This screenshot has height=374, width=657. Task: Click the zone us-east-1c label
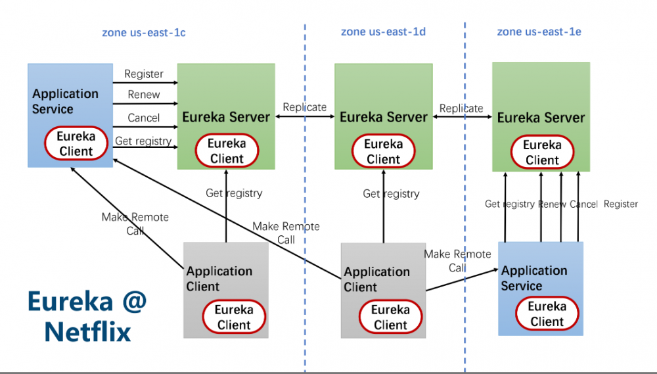(x=143, y=33)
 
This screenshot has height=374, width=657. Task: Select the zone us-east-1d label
(x=382, y=32)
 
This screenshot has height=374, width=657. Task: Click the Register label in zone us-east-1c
(x=144, y=74)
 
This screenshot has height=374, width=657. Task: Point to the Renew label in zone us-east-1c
(x=144, y=95)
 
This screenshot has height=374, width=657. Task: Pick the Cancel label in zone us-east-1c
(x=144, y=118)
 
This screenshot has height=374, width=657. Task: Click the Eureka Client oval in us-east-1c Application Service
(x=76, y=144)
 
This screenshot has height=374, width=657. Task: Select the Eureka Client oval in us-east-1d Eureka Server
(x=383, y=151)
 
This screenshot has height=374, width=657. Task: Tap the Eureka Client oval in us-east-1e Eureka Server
(x=542, y=152)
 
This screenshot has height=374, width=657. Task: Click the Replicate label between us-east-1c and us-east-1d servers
(x=304, y=107)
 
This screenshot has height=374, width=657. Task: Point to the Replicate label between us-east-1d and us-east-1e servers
(x=461, y=108)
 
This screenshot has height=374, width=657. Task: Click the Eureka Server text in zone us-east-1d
(x=383, y=118)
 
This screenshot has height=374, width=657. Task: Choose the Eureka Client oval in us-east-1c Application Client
(x=234, y=317)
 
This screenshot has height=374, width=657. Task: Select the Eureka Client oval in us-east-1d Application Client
(x=390, y=317)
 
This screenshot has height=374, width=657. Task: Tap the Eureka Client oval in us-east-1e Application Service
(x=547, y=314)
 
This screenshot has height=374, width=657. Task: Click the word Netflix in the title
(x=87, y=331)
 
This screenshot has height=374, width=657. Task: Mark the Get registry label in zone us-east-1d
(x=391, y=194)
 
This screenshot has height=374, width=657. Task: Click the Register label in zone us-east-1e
(x=621, y=204)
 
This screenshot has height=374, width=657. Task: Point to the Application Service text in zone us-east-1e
(x=533, y=278)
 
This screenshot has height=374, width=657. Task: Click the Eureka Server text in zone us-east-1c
(x=226, y=118)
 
